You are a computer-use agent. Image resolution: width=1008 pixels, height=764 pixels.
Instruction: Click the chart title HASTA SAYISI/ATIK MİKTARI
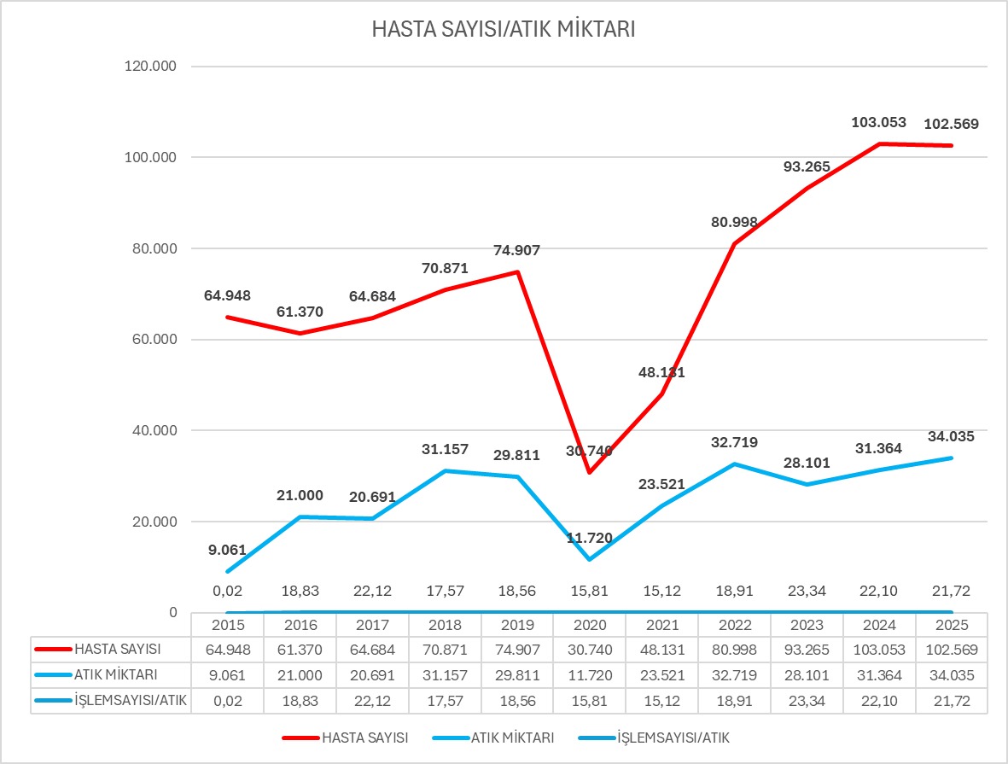(504, 30)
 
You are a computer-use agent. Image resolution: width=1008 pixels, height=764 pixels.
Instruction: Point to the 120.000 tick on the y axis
(150, 67)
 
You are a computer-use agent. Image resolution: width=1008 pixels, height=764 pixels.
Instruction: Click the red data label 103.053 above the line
(878, 123)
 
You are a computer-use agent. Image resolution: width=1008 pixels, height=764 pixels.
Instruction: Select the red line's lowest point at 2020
(589, 472)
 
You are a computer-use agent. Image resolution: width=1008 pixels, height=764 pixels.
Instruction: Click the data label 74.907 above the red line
(516, 250)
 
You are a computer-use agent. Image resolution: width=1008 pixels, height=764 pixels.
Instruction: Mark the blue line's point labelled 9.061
(227, 571)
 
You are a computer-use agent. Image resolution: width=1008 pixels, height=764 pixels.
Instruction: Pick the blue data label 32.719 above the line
(733, 442)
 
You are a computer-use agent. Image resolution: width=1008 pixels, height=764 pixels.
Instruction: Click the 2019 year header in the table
(516, 624)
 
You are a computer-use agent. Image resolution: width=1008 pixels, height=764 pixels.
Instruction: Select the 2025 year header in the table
(951, 624)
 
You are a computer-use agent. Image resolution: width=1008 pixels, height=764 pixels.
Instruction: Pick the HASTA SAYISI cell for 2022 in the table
(733, 650)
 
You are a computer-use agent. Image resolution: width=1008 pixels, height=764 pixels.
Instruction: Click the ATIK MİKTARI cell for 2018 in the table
(444, 675)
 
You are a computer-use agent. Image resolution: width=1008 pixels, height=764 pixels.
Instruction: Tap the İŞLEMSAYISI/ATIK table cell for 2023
(806, 701)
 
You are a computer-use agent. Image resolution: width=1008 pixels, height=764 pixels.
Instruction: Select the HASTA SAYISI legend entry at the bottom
(364, 738)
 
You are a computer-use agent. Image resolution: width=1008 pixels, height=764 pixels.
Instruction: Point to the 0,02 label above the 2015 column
(227, 591)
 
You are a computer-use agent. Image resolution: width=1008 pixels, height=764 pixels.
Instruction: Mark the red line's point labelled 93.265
(806, 188)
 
